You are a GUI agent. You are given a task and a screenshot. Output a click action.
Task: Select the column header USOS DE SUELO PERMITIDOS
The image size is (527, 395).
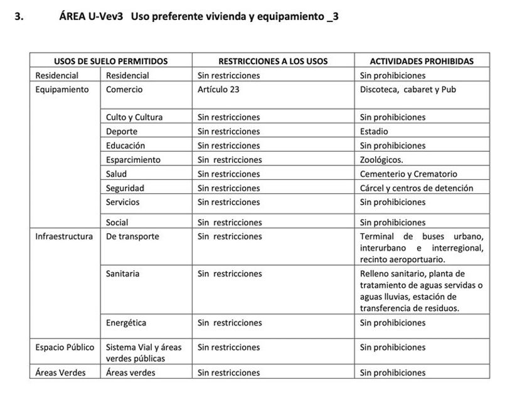tap(110, 61)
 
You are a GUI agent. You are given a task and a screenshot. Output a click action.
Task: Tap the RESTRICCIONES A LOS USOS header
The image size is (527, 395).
tap(273, 61)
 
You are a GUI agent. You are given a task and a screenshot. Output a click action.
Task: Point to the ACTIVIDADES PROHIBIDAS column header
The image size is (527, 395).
tap(422, 61)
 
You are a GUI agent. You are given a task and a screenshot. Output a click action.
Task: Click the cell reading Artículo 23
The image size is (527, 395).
tap(218, 90)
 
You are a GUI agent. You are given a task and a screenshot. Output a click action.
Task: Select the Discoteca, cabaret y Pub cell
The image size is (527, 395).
tap(408, 90)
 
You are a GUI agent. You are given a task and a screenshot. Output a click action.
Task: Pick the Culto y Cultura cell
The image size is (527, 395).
tap(134, 117)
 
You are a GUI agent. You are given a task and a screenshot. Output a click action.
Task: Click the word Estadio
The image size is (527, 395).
tap(374, 132)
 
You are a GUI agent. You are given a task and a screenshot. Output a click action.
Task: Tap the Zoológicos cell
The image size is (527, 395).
tap(381, 160)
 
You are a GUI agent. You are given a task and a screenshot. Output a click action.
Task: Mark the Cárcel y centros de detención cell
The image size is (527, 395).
tap(417, 188)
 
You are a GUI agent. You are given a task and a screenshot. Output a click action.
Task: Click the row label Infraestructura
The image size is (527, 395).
tap(64, 236)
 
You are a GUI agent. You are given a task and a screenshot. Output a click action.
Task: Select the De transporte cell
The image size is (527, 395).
tap(132, 236)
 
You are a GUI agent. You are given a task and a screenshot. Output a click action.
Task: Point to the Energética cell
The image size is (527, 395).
tap(126, 323)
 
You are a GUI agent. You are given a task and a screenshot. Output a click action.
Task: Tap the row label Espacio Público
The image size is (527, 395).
tap(65, 347)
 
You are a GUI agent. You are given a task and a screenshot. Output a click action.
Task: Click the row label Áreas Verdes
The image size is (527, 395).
tap(60, 372)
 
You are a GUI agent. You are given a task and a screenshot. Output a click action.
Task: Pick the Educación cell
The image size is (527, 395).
tap(125, 145)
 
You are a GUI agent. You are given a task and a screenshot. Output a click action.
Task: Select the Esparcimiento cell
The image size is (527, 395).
tap(133, 160)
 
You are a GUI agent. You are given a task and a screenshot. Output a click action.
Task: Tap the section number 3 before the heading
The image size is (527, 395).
tap(19, 17)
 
